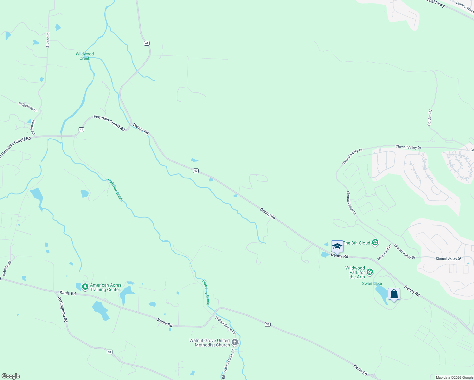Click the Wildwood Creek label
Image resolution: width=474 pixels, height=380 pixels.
coord(85,56)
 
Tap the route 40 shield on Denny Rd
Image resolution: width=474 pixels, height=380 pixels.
coord(196,171)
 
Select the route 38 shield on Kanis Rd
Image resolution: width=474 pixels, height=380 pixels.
coord(268,324)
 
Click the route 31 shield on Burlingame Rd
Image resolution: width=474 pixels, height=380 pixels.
coord(109,352)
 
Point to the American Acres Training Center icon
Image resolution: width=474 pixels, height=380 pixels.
coord(85,287)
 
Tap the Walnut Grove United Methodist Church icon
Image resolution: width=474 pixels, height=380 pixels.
coord(234,342)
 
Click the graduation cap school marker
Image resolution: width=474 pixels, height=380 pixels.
coord(337,247)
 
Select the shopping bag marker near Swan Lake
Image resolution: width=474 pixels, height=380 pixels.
coord(394,294)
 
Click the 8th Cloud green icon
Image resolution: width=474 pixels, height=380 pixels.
coord(375,243)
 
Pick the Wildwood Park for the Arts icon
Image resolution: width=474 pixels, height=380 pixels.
coord(369,272)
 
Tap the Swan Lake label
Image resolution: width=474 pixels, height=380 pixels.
coord(372,283)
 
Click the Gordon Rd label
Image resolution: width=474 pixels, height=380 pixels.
coord(430,118)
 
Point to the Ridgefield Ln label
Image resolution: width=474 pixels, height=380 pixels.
coord(28,107)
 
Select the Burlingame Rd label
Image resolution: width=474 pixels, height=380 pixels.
coord(62,309)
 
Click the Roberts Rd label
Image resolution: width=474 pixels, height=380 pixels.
coord(7,268)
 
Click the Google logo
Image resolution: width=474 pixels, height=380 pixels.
coord(10,376)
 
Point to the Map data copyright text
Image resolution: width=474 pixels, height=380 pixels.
coord(454,377)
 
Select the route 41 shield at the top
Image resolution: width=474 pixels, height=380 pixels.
coord(146,43)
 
